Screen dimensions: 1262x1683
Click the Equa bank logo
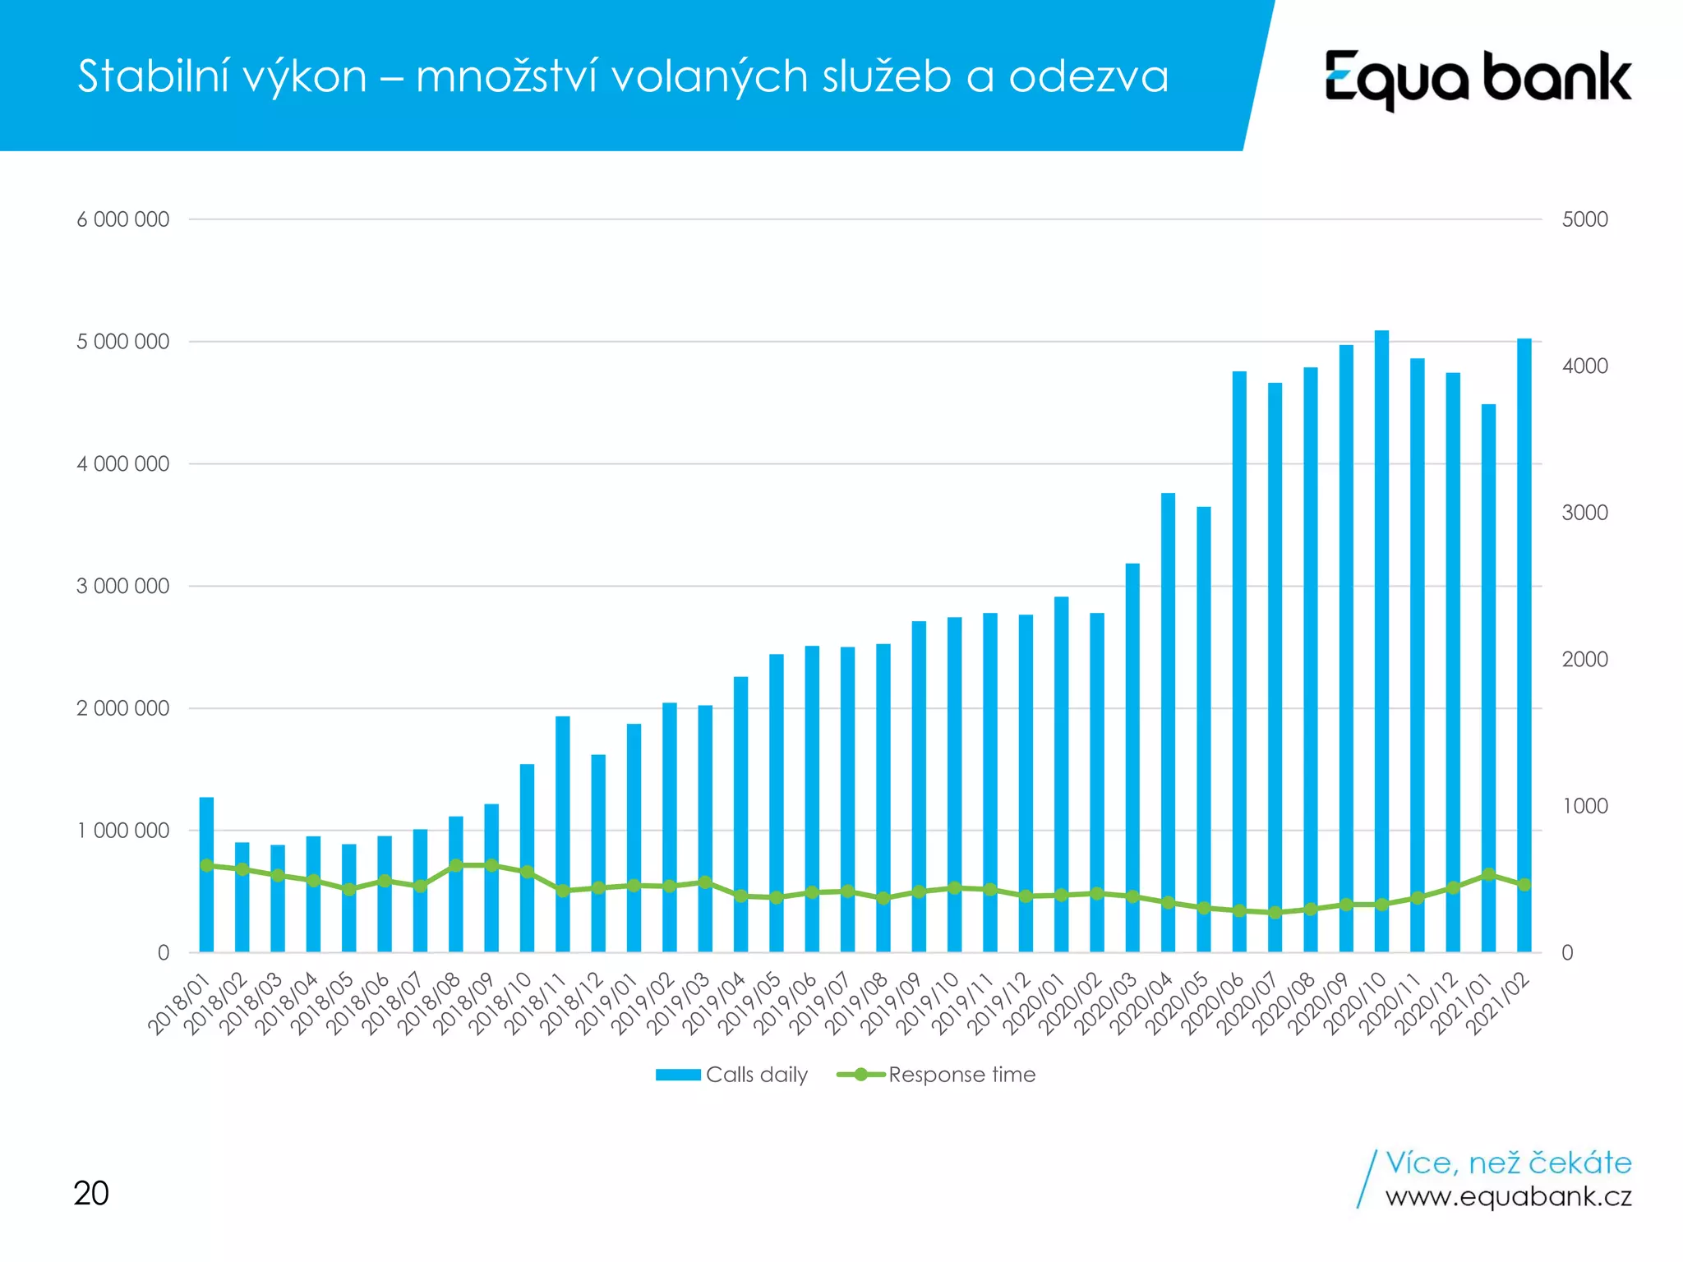click(1478, 79)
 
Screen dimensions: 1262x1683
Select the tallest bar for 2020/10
click(1381, 641)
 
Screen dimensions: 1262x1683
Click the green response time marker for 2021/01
click(1488, 874)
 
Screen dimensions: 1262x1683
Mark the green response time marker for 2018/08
click(455, 865)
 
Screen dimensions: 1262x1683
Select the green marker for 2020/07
click(1275, 912)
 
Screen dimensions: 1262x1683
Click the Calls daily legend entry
click(731, 1075)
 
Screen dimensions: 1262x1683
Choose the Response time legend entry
click(937, 1075)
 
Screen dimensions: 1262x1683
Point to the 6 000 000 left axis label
click(123, 219)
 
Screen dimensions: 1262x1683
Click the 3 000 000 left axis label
click(123, 586)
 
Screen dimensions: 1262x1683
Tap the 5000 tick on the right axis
click(1584, 219)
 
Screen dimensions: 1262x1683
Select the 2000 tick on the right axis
click(1584, 659)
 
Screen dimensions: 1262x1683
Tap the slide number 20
click(90, 1193)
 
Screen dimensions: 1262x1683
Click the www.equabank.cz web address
click(1508, 1196)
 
